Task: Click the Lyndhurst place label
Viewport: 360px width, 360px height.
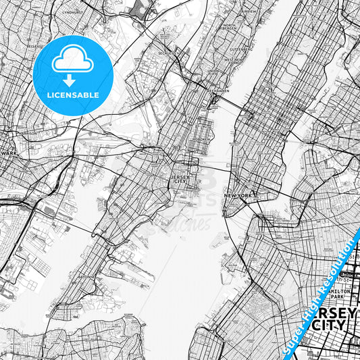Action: (70, 12)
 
